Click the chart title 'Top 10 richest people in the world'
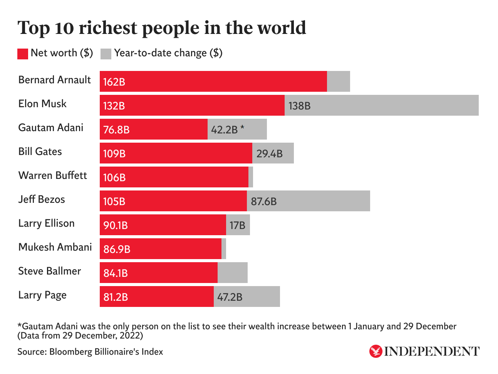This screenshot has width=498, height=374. tap(162, 28)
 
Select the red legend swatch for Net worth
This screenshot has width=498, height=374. tap(23, 54)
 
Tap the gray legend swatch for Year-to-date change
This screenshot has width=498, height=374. tap(106, 54)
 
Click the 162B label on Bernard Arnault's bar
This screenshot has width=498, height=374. tap(114, 82)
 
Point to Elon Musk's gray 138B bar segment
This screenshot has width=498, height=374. tap(381, 105)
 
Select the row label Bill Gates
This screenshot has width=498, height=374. tap(40, 152)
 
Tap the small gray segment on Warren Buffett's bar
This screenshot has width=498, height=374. tap(251, 177)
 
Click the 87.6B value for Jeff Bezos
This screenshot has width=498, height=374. tap(264, 201)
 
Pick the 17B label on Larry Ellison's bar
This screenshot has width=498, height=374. tap(237, 225)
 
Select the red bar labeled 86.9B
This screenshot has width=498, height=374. tap(161, 249)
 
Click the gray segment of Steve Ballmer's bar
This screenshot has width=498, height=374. tap(233, 273)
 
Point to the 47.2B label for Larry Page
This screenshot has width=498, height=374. tap(230, 297)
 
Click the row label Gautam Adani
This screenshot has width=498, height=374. tap(51, 128)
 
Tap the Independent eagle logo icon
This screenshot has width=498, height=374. tap(376, 351)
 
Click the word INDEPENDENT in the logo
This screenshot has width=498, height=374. tap(432, 351)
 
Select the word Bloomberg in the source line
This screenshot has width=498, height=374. tap(72, 352)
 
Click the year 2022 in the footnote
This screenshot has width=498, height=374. tap(131, 335)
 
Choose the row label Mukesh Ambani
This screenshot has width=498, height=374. tap(55, 247)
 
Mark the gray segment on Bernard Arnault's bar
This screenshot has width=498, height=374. tap(339, 81)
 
